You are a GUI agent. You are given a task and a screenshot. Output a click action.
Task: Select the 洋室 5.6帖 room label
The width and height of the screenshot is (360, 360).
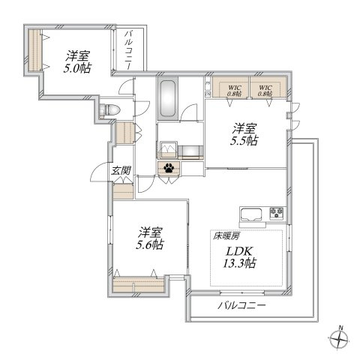tap(149, 238)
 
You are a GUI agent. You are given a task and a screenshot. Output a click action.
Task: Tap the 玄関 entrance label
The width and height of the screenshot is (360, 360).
tap(121, 171)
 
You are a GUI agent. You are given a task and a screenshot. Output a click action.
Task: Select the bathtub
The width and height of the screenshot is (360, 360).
tap(167, 97)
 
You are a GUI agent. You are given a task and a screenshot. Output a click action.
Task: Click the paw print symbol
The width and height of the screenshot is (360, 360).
tap(169, 169)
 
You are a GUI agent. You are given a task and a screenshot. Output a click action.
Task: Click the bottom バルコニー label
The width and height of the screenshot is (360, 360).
tap(241, 307)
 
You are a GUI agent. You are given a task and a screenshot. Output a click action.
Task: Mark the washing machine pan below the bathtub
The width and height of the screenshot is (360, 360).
tap(168, 147)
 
